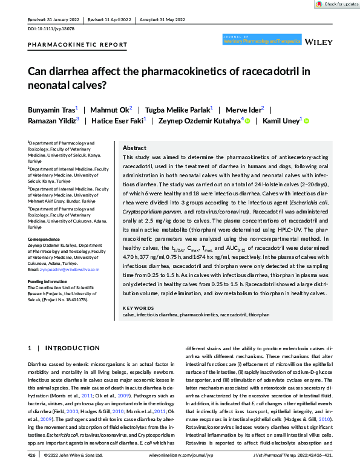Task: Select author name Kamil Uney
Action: (281, 120)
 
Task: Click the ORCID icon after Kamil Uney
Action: (306, 121)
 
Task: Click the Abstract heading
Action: (134, 148)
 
